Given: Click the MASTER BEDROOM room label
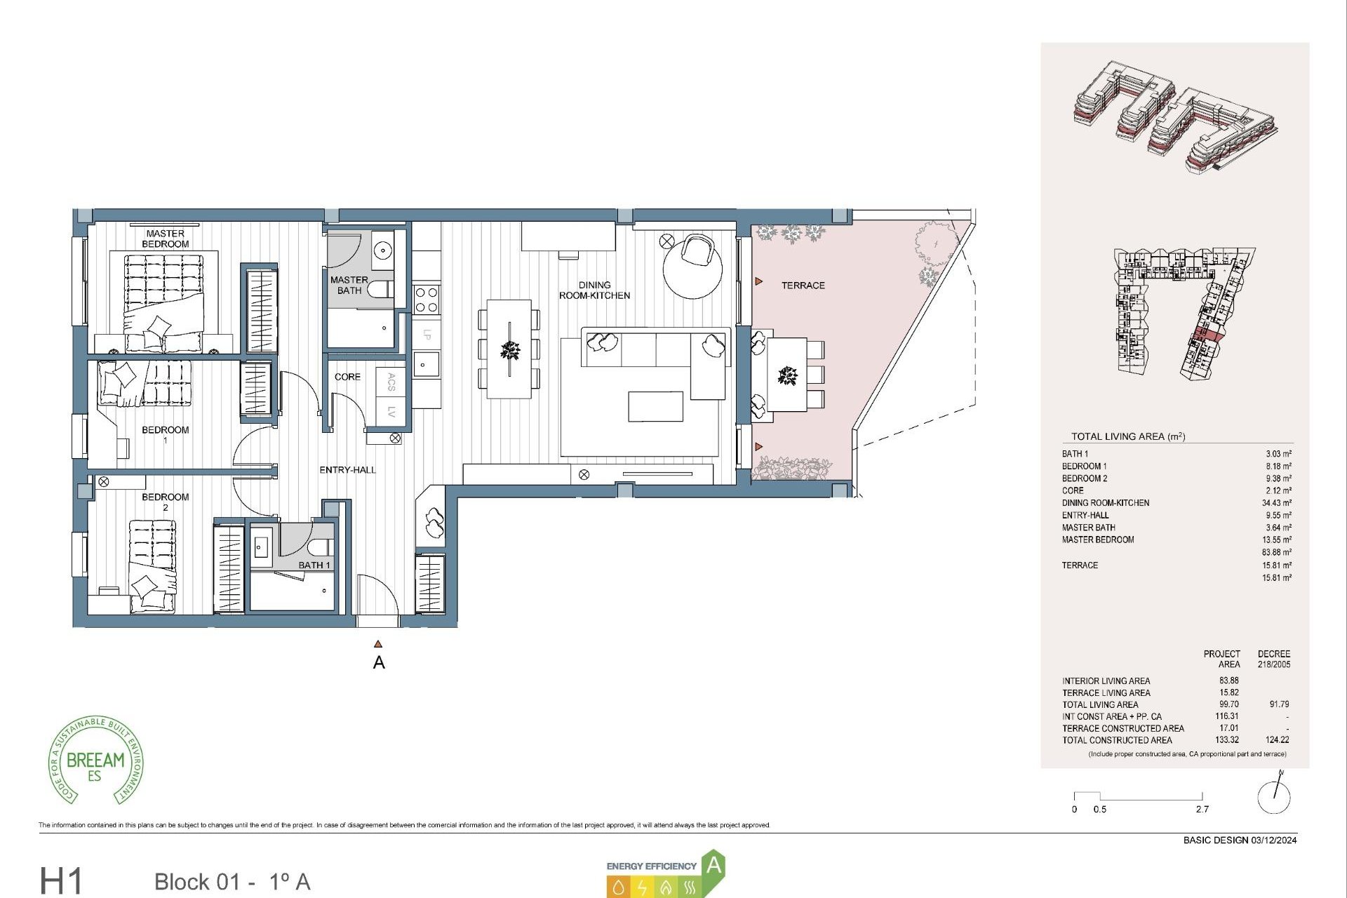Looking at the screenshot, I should [165, 239].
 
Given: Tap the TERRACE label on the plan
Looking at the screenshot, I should [803, 286].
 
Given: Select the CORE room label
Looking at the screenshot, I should [347, 377].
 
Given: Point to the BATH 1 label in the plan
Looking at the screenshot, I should [314, 565].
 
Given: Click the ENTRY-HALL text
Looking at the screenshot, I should [347, 470].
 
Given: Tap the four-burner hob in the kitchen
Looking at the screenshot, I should [427, 300].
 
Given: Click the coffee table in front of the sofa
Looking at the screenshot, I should [655, 407].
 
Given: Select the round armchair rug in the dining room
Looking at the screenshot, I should [692, 270].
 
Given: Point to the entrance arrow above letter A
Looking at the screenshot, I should [378, 644].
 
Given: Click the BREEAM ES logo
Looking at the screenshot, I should [96, 762].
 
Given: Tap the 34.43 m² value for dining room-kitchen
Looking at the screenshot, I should [1276, 503].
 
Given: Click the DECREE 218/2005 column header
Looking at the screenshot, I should [1273, 659].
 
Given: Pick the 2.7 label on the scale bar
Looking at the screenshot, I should [1202, 810].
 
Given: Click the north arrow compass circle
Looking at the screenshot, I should [1273, 797].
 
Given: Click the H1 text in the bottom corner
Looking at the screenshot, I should [62, 881].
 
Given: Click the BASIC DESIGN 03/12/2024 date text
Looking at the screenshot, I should [1240, 840].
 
